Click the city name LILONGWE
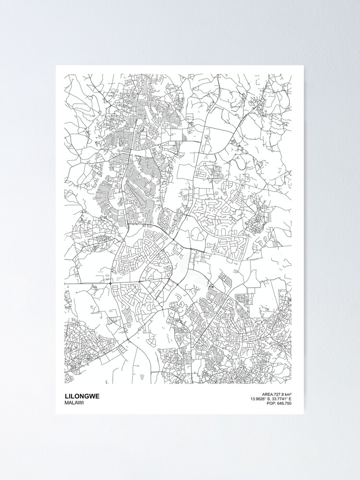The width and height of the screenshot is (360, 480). click(82, 396)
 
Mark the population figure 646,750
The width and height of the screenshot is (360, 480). click(283, 404)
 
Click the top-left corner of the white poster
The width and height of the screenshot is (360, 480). click(56, 66)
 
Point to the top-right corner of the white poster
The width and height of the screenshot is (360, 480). click(303, 66)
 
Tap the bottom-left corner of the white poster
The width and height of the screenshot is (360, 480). click(56, 414)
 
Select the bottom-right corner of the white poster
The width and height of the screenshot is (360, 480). click(303, 414)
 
